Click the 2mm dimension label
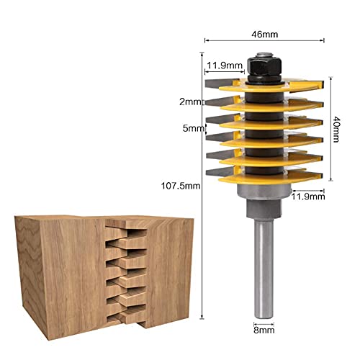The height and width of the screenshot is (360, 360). (190, 102)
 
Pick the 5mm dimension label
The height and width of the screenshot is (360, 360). (190, 129)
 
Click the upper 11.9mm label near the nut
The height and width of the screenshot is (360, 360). (223, 66)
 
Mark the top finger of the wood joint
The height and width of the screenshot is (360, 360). (122, 230)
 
